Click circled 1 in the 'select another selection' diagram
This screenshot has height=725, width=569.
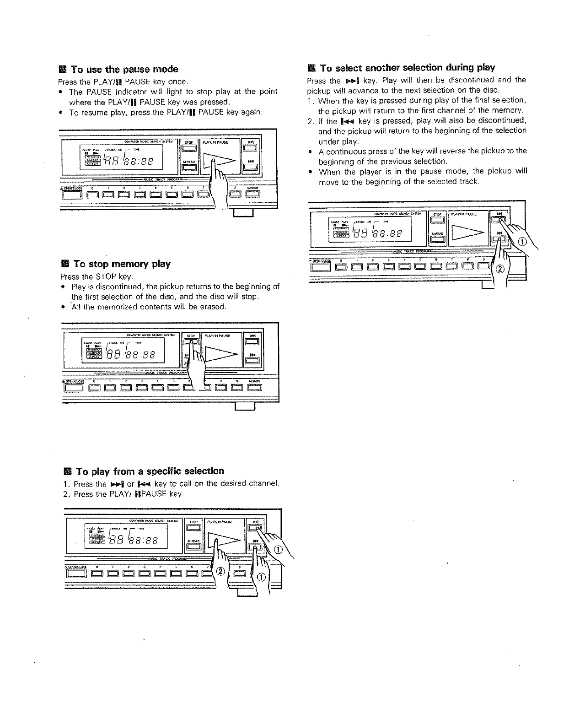tap(522, 242)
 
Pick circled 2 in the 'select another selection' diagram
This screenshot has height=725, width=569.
tap(499, 269)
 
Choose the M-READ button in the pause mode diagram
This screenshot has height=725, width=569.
tap(189, 167)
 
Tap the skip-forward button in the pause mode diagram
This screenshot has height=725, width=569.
tap(251, 147)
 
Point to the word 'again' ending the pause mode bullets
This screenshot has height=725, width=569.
tap(250, 113)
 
